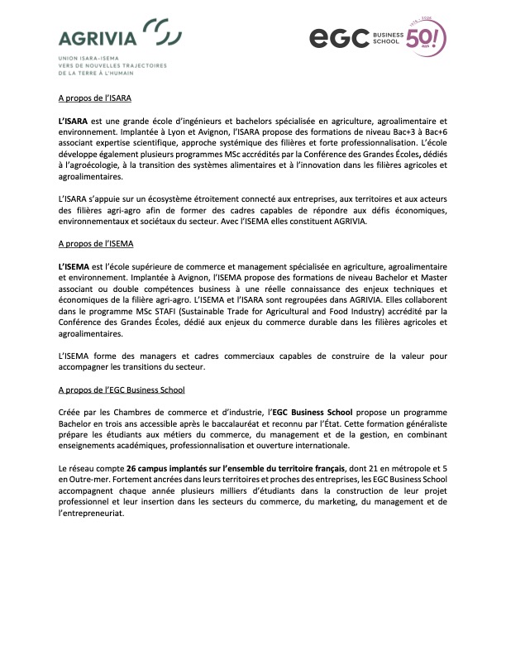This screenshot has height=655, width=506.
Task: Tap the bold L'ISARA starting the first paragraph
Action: (x=74, y=120)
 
